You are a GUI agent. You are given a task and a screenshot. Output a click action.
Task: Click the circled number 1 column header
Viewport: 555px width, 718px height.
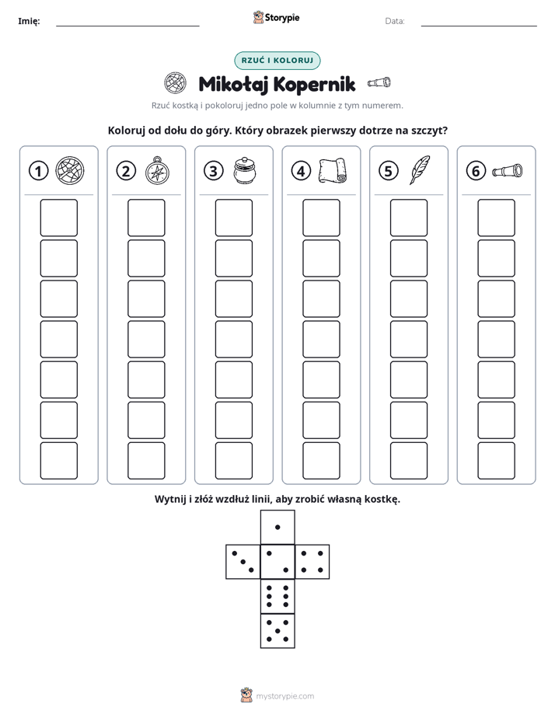(x=38, y=171)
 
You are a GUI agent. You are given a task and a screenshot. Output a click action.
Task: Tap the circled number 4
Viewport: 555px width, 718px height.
(x=301, y=171)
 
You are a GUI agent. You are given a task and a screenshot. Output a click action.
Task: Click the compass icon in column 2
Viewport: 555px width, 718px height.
(x=157, y=171)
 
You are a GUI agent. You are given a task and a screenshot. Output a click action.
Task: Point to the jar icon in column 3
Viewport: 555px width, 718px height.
(x=245, y=170)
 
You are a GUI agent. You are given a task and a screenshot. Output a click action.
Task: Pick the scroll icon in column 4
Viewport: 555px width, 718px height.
(x=333, y=171)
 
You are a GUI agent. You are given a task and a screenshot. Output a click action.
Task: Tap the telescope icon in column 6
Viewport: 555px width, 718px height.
(x=508, y=170)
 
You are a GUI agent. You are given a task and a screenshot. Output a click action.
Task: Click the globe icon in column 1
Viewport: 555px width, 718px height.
(x=70, y=170)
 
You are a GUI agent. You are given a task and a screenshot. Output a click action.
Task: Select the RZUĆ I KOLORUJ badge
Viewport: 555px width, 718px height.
(x=277, y=61)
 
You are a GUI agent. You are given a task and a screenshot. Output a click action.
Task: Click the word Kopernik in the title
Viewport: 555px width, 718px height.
(x=315, y=84)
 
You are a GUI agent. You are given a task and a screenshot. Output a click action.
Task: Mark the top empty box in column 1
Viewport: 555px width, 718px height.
(x=58, y=218)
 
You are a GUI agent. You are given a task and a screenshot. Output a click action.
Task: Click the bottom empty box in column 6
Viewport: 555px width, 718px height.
(x=497, y=461)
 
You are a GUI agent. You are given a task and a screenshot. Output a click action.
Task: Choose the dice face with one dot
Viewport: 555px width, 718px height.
(x=277, y=527)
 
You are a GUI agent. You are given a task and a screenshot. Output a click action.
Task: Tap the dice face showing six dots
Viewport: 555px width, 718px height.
(x=277, y=597)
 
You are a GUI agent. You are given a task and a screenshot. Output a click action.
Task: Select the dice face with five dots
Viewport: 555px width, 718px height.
(x=277, y=631)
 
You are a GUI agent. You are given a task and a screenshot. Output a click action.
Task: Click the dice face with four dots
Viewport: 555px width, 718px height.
(x=312, y=562)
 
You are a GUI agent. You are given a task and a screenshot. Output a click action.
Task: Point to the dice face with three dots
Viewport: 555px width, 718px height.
(x=243, y=562)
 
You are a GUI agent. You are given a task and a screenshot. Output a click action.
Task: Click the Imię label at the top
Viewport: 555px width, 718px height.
(x=29, y=21)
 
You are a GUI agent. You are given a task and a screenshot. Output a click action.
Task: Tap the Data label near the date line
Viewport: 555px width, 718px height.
(x=395, y=21)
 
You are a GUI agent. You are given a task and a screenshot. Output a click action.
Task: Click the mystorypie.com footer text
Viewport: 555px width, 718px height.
(x=284, y=696)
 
